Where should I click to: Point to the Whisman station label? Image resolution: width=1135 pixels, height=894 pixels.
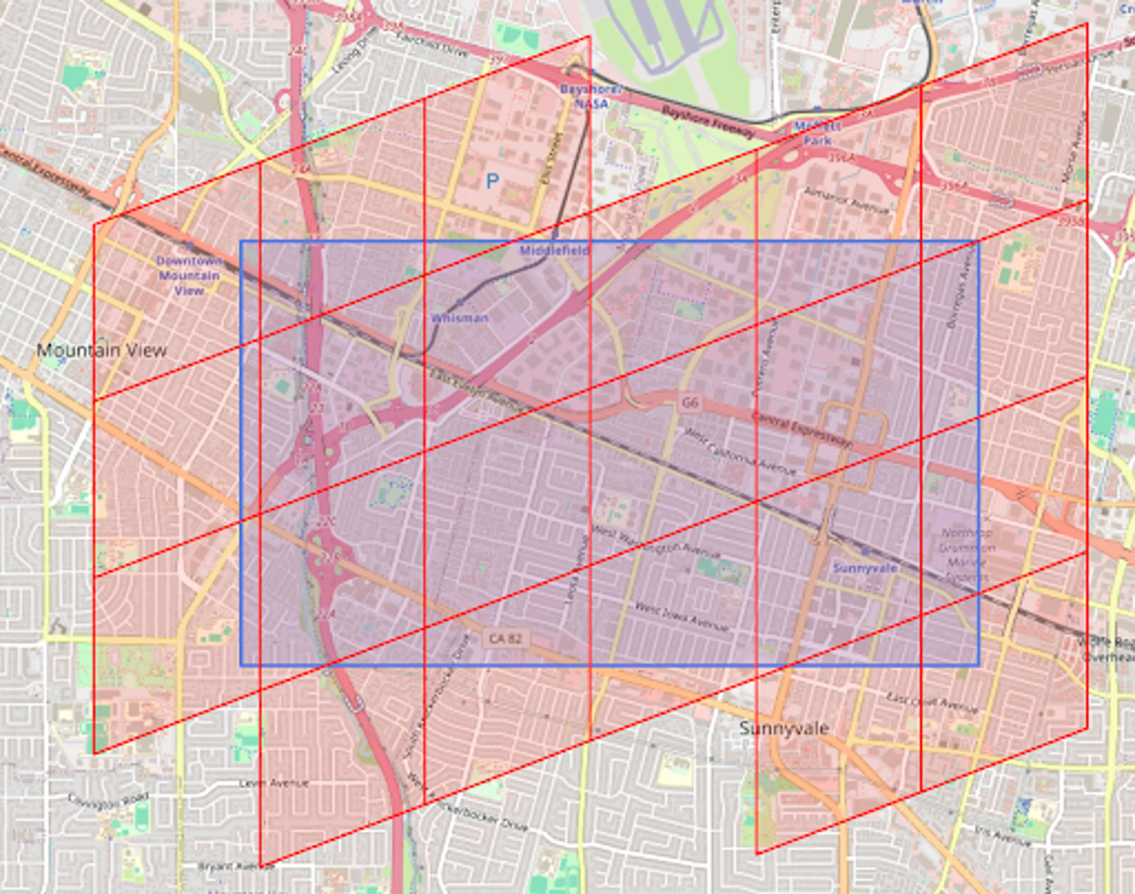coord(460,318)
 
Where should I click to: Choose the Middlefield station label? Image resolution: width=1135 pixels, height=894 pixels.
coord(554,251)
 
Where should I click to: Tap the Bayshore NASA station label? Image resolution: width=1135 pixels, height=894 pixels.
coord(591,96)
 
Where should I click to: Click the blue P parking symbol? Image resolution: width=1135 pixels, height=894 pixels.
coord(492,181)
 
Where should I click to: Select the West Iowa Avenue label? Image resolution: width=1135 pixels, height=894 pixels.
coord(682,617)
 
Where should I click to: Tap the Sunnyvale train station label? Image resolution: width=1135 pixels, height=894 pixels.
coord(865,568)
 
